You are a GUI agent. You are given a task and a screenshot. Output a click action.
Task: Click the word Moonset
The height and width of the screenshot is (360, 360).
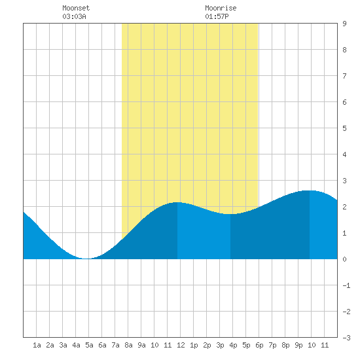click(x=76, y=8)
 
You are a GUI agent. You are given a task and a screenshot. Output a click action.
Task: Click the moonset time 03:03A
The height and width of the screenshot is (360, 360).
click(x=74, y=16)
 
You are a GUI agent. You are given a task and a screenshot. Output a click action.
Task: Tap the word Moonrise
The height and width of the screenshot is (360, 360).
click(x=221, y=8)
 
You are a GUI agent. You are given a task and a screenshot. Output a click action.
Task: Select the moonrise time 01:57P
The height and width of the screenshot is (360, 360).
click(x=217, y=16)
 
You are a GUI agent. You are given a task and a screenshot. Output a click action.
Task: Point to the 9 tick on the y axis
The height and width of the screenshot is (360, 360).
click(x=344, y=24)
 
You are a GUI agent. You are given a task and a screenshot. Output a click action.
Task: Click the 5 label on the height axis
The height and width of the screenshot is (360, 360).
click(x=344, y=128)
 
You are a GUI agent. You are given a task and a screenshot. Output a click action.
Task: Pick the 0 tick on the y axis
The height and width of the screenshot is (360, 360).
click(x=344, y=259)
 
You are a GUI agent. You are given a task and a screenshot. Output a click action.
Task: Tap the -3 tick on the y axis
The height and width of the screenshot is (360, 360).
click(x=346, y=338)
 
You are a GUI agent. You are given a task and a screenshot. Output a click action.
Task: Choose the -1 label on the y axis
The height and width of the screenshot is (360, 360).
click(x=346, y=285)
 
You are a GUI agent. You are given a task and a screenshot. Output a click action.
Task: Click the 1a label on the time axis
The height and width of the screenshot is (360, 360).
click(x=37, y=345)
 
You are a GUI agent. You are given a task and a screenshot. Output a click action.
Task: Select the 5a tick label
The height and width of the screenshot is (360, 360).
click(x=89, y=345)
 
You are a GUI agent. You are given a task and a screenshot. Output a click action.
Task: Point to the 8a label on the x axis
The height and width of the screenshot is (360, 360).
click(x=128, y=345)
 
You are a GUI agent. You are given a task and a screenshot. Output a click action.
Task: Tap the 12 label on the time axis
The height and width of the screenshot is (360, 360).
click(x=181, y=345)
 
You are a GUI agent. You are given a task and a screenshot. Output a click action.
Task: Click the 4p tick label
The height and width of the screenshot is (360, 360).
click(x=233, y=345)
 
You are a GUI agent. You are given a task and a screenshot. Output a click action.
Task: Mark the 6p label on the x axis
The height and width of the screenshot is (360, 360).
click(x=259, y=345)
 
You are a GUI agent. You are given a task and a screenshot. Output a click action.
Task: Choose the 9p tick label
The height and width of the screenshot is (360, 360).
click(x=298, y=345)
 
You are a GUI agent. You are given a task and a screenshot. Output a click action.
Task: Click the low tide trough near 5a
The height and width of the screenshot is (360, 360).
click(x=86, y=259)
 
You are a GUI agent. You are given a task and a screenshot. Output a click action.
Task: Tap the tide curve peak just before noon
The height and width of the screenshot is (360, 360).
click(x=177, y=202)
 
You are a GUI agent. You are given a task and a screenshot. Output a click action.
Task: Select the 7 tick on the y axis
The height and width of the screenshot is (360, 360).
click(x=344, y=76)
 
